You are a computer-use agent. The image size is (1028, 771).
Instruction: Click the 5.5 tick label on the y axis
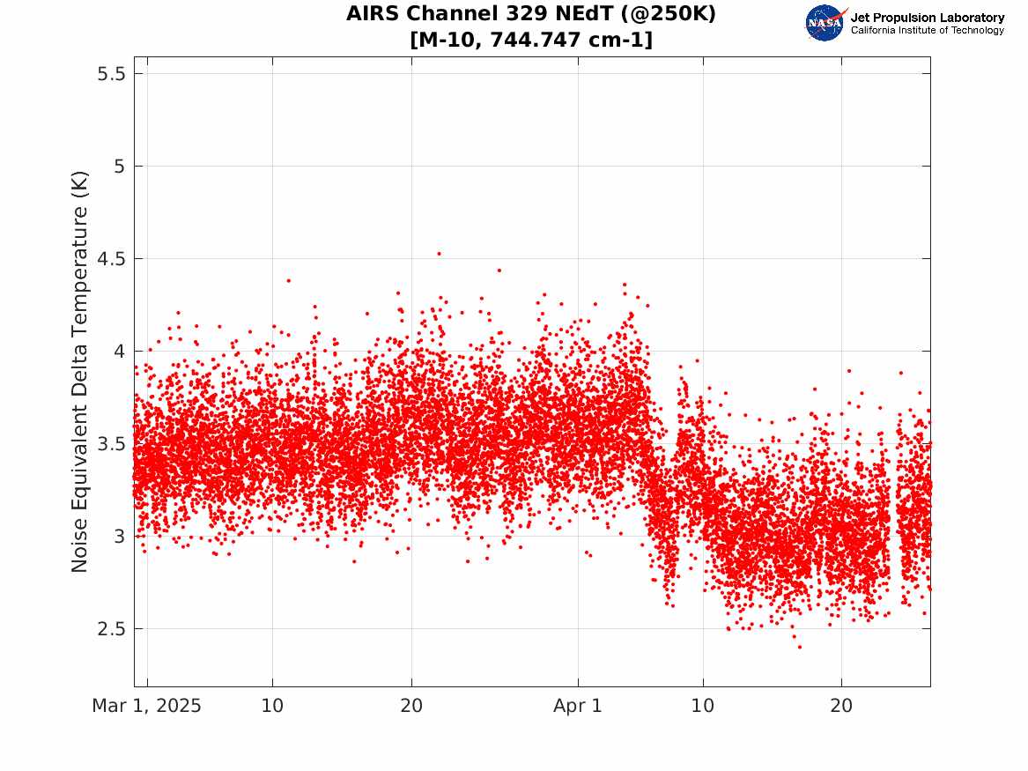tap(111, 73)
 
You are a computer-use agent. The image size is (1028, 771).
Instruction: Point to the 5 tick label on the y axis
tap(119, 167)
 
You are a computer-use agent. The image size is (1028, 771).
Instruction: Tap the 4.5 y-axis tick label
tap(111, 259)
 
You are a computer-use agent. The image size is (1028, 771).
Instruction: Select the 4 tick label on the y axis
tap(119, 352)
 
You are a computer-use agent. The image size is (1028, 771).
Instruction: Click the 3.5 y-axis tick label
tap(111, 444)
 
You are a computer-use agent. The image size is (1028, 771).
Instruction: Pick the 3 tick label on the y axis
tap(119, 537)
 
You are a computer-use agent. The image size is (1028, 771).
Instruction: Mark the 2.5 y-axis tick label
tap(111, 629)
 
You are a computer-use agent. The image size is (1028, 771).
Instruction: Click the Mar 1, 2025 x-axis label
tap(147, 706)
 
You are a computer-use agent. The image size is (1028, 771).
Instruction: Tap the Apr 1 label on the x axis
tap(578, 706)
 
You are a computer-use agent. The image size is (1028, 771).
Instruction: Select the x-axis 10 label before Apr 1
tap(272, 706)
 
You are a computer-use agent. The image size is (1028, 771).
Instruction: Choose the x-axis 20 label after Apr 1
tap(841, 706)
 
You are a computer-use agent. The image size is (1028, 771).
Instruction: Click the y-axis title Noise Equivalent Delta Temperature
tap(79, 372)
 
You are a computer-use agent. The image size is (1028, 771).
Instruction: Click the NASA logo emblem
tap(825, 23)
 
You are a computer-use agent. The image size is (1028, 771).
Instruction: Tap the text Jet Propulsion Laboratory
tap(927, 18)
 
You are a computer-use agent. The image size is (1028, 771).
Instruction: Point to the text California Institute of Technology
tap(927, 30)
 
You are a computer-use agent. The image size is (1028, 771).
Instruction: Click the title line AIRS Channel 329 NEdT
tap(531, 14)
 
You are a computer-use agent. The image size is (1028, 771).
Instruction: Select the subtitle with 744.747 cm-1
tap(531, 40)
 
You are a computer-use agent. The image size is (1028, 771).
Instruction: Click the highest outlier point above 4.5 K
tap(440, 254)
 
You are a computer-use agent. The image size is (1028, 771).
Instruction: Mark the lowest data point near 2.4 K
tap(799, 647)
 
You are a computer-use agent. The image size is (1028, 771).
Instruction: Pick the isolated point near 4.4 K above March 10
tap(288, 280)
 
